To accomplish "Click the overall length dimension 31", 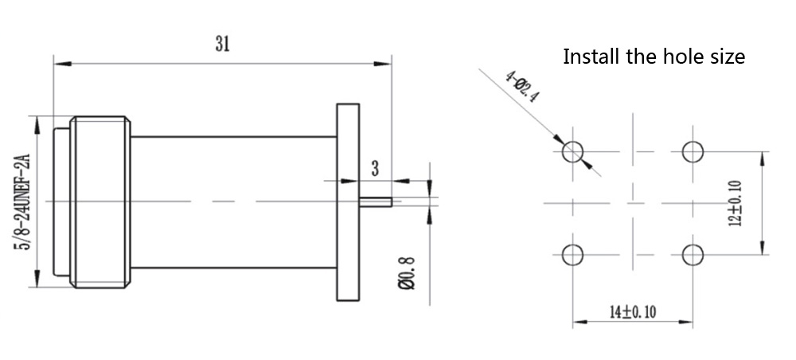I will coord(222,45).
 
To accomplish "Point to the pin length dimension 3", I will coord(375,168).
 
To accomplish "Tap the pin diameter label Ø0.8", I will coord(408,271).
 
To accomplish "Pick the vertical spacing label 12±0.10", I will coord(735,202).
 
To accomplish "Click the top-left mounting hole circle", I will coord(573,151).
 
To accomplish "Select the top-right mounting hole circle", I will coord(693,151).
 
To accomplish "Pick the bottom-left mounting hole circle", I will coord(573,255).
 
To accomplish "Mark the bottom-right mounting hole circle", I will coord(693,255).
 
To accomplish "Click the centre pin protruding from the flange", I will coord(375,202).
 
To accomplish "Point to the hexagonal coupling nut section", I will coord(99,202).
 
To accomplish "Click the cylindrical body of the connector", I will coord(231,202).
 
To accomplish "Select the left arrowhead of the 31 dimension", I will coord(58,61).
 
